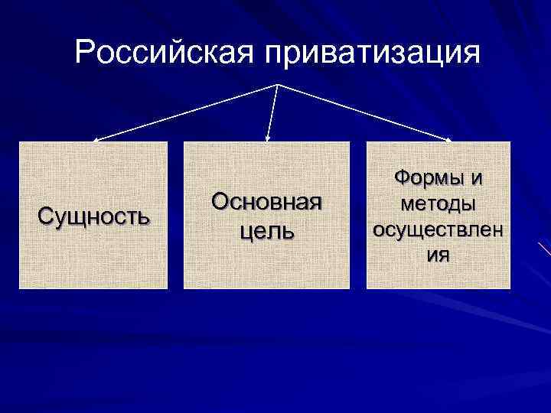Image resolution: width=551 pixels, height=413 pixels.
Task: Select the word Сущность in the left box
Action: (93, 216)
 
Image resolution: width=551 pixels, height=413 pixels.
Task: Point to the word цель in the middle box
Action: (266, 230)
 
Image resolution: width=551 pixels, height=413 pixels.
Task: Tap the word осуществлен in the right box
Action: (439, 229)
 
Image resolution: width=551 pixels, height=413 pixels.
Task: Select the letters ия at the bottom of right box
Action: (439, 255)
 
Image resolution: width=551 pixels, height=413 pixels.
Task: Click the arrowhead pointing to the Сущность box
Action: (95, 140)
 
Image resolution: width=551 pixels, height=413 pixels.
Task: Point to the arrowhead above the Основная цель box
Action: (267, 139)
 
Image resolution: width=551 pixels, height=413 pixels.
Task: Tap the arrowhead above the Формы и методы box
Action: (449, 140)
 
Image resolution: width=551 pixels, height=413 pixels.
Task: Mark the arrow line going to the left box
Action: (184, 112)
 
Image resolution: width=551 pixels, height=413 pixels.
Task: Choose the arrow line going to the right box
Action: (364, 112)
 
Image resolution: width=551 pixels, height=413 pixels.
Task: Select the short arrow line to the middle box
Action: (272, 111)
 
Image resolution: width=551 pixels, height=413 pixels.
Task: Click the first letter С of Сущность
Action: (45, 216)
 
